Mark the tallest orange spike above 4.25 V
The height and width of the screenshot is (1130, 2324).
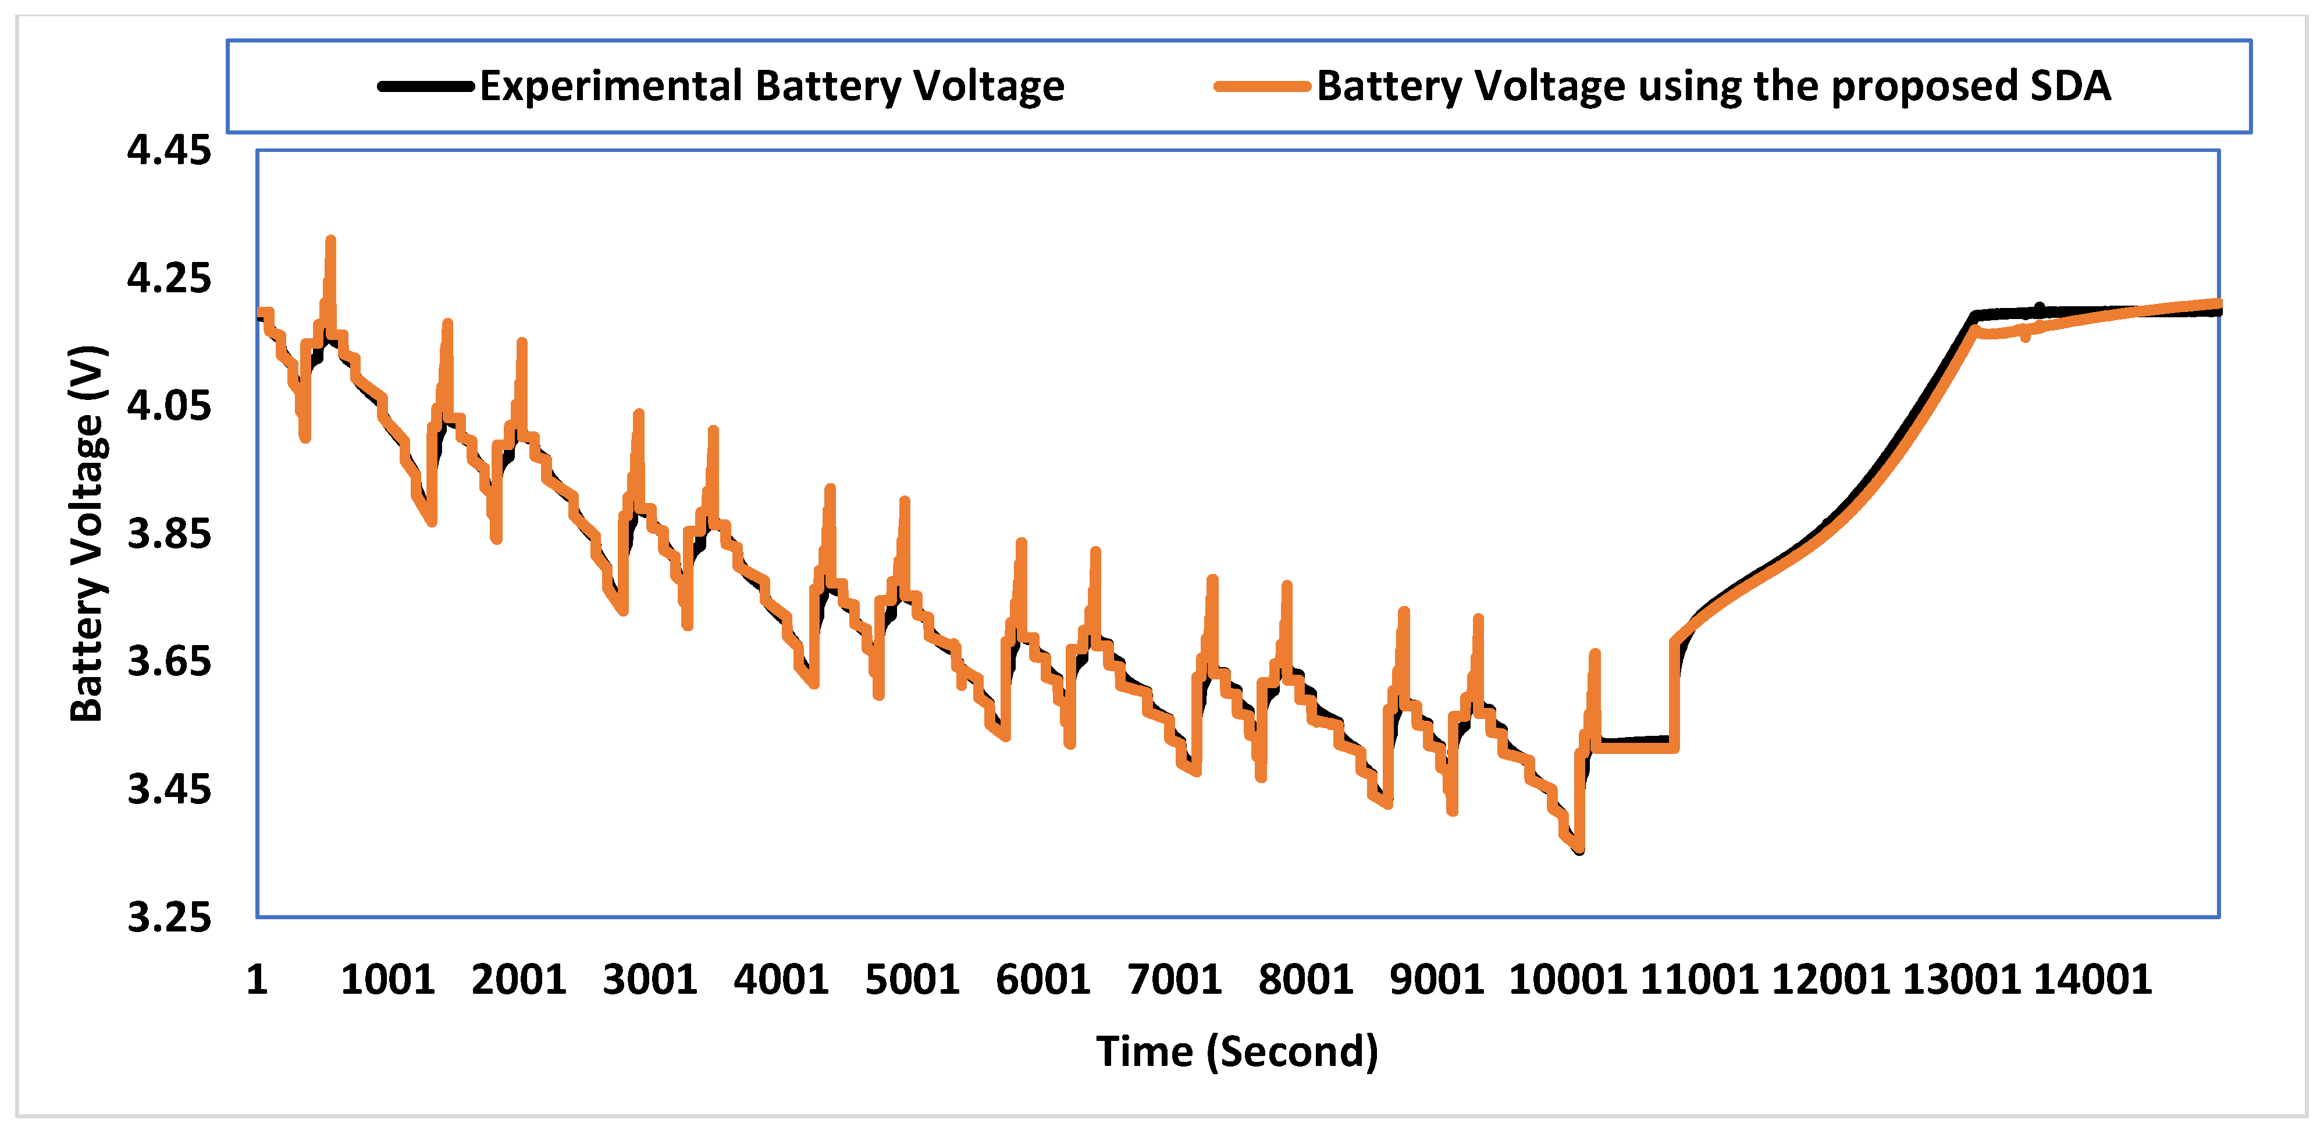click(x=331, y=241)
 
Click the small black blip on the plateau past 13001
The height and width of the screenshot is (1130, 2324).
click(x=2040, y=308)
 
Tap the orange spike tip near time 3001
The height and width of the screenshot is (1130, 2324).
click(x=639, y=415)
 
